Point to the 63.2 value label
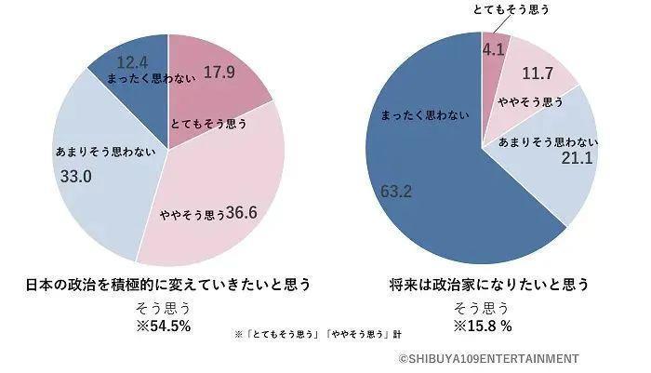(x=396, y=191)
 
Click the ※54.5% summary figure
(x=166, y=326)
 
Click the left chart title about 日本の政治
(x=166, y=285)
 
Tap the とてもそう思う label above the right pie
(x=498, y=9)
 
